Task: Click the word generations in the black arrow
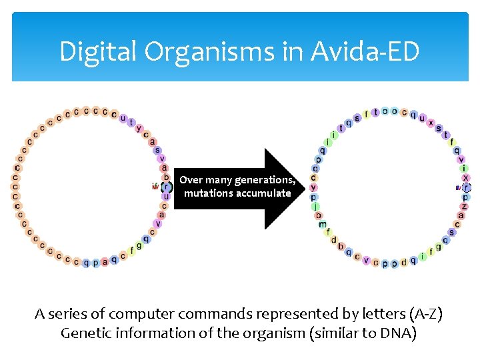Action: pyautogui.click(x=263, y=180)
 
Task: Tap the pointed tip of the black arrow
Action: pyautogui.click(x=305, y=189)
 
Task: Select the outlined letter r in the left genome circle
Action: pyautogui.click(x=167, y=187)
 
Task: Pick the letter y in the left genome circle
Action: pyautogui.click(x=139, y=128)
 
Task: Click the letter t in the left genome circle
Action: pyautogui.click(x=132, y=122)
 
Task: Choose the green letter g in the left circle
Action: pyautogui.click(x=139, y=246)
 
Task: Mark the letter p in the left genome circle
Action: pyautogui.click(x=95, y=263)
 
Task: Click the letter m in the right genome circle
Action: pyautogui.click(x=323, y=224)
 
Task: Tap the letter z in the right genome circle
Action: pyautogui.click(x=464, y=207)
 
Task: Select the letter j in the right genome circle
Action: pyautogui.click(x=315, y=206)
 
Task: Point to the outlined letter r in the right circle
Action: pyautogui.click(x=467, y=188)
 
